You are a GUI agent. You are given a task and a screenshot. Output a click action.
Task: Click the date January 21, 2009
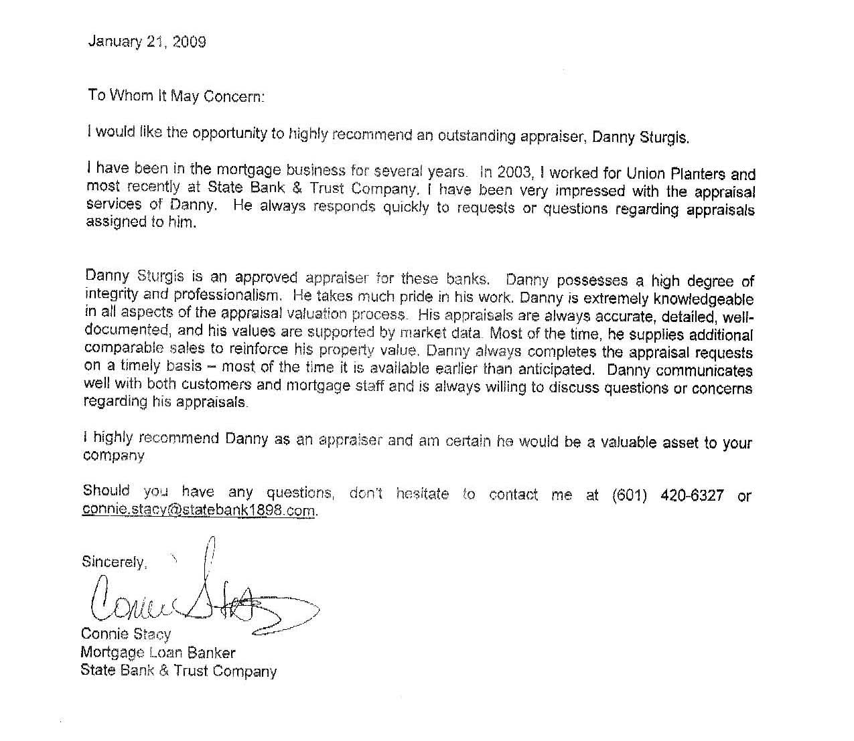coord(147,42)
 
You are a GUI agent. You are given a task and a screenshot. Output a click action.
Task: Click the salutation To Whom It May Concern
coord(176,96)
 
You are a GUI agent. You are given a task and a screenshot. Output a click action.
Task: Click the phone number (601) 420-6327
coord(668,496)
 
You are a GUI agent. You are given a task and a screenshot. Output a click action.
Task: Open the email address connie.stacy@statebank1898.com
coord(199,510)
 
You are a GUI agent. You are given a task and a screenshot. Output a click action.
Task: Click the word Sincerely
coord(113,562)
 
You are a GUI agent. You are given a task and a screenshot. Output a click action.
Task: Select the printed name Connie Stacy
coord(126,633)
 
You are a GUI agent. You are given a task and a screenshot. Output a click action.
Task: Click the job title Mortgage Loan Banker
coord(157,652)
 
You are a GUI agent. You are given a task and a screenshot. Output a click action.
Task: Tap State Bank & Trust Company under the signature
coord(178,671)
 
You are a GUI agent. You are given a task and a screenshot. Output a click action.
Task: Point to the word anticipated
coord(551,368)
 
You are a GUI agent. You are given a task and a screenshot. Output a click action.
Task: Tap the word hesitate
coord(423,494)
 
